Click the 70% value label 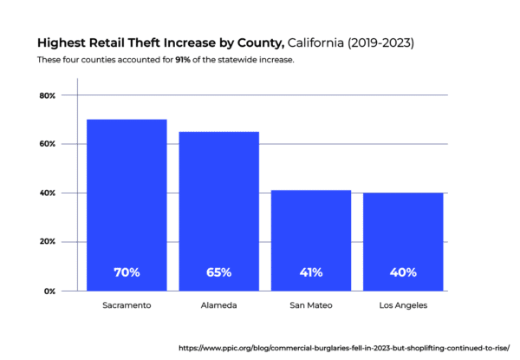click(127, 272)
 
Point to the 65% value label click(218, 272)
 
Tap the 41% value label click(310, 272)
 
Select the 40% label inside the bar click(402, 272)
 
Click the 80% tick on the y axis click(48, 95)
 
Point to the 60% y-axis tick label click(48, 144)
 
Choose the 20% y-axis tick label click(48, 242)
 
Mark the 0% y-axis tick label click(50, 291)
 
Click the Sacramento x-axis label click(127, 306)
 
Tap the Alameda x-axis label click(218, 306)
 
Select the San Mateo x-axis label click(310, 306)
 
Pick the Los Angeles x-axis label click(402, 306)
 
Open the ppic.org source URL click(344, 347)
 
